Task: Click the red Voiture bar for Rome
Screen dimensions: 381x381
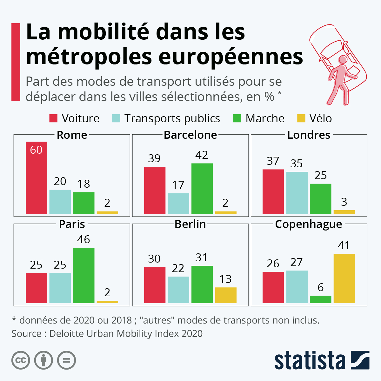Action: click(36, 178)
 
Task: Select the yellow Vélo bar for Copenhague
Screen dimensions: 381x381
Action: click(344, 278)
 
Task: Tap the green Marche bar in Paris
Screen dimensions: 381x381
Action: click(84, 275)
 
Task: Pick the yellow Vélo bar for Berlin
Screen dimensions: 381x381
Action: click(226, 295)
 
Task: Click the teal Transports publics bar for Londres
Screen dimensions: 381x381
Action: click(297, 193)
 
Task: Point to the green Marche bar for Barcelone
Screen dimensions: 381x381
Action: click(202, 189)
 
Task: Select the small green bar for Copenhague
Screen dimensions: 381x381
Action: click(320, 299)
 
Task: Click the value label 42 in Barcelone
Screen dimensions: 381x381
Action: click(202, 155)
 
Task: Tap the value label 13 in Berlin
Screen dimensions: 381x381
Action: click(225, 279)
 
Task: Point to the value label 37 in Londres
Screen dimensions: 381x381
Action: click(273, 161)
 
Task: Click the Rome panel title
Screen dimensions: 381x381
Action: click(72, 135)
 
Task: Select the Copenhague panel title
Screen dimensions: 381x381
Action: click(309, 224)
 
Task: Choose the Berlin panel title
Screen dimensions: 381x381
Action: click(190, 224)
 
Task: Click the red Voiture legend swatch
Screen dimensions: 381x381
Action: click(53, 118)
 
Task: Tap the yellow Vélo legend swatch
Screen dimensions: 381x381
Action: click(301, 118)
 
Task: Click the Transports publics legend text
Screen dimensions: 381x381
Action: click(172, 118)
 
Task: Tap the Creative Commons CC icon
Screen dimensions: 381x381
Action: click(21, 360)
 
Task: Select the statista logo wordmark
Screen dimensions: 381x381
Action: click(310, 360)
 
